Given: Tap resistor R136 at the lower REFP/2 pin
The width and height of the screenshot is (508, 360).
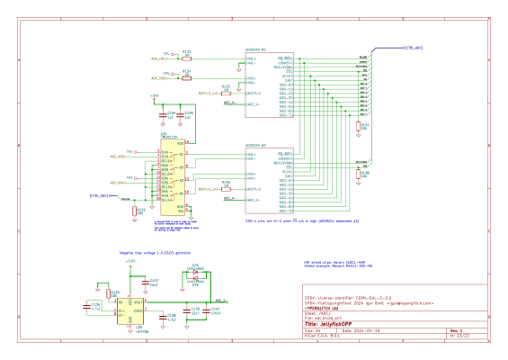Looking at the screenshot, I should coord(227,186).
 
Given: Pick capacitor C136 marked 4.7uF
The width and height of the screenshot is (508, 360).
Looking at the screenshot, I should coord(94,306).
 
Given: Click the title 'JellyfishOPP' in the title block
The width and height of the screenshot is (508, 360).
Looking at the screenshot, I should coord(346,324).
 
